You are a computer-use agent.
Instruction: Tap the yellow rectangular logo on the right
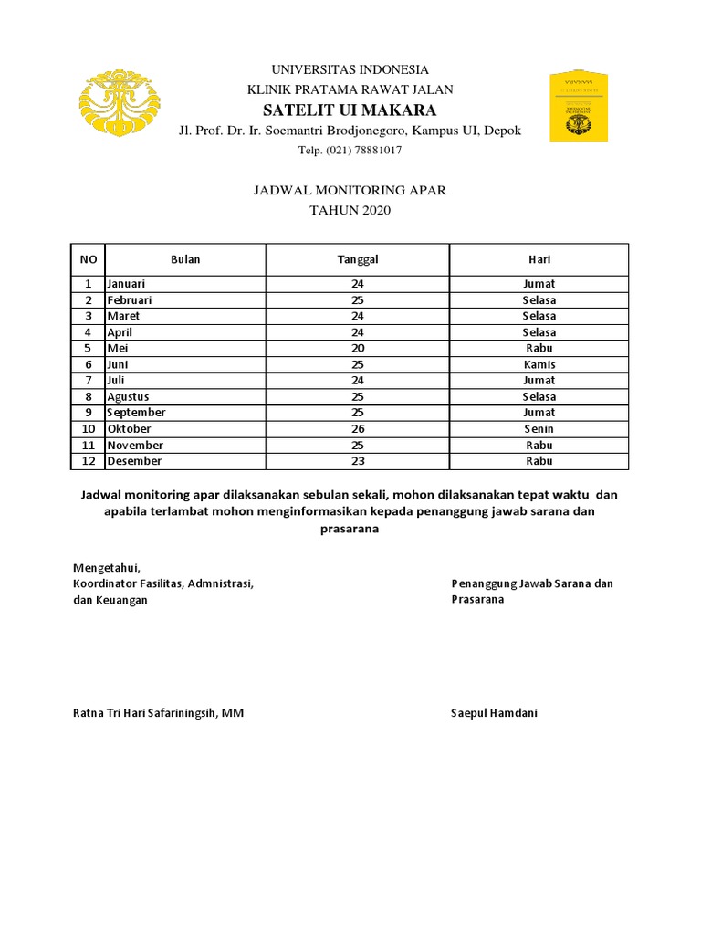[578, 107]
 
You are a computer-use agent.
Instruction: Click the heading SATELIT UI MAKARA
[350, 110]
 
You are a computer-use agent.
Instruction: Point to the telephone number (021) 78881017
[350, 151]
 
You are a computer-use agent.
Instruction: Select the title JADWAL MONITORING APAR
[350, 191]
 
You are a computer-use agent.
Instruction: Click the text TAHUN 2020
[350, 211]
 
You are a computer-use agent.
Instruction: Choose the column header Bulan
[185, 259]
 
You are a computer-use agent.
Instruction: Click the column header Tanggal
[358, 259]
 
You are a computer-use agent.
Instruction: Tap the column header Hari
[539, 259]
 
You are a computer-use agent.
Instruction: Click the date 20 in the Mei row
[358, 348]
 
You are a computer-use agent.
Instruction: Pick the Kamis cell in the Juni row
[539, 364]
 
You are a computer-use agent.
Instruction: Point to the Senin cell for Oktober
[539, 428]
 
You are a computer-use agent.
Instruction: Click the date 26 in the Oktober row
[358, 428]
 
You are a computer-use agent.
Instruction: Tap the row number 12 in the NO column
[89, 461]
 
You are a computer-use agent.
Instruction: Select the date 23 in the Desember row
[358, 461]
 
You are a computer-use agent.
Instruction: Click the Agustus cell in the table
[129, 396]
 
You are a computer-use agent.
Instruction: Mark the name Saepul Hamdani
[494, 713]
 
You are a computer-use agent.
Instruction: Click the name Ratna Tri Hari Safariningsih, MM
[158, 713]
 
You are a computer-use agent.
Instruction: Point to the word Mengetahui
[107, 567]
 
